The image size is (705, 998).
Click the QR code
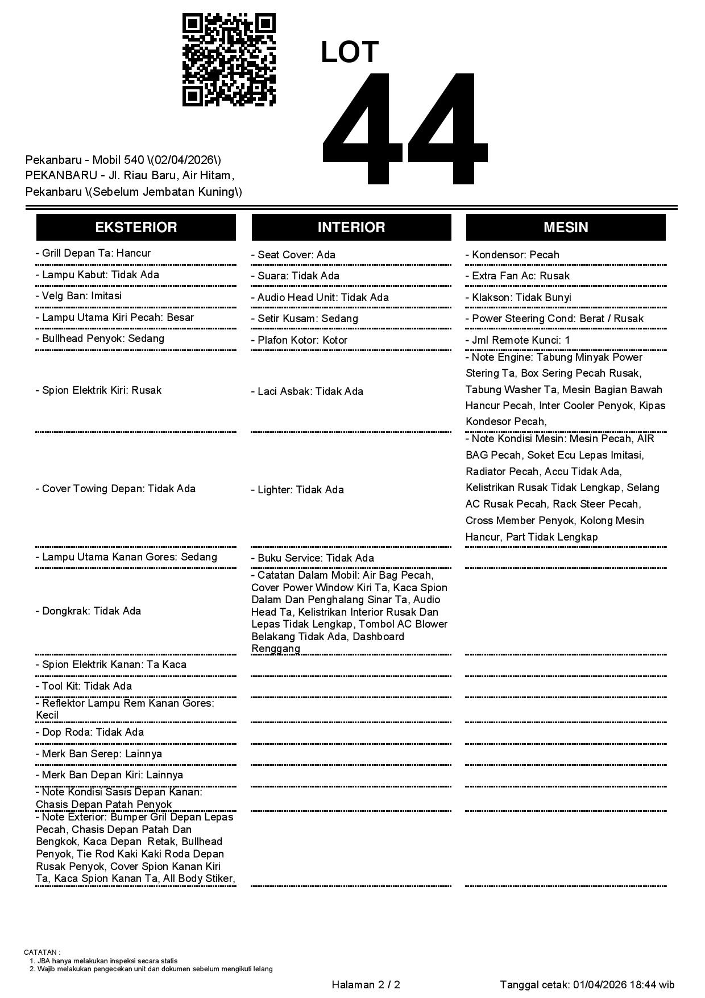(229, 60)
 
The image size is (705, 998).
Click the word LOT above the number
(350, 52)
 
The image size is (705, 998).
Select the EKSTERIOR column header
(136, 227)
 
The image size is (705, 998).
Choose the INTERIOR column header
(351, 227)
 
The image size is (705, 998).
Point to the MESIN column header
(566, 227)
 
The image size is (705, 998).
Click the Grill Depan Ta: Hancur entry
(93, 253)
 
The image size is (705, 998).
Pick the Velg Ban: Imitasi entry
(78, 296)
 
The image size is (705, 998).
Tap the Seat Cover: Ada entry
(293, 255)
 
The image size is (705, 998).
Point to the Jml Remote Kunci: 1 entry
(518, 340)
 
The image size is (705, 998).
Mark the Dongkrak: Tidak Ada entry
(88, 611)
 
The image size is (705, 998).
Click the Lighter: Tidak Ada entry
(297, 490)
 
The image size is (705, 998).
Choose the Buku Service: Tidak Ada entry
(313, 558)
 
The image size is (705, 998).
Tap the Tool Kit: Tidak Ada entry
(84, 686)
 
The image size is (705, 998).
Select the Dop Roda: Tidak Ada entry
(90, 732)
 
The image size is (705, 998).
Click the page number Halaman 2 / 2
(366, 985)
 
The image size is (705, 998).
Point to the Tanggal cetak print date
(587, 985)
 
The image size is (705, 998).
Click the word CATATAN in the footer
(42, 952)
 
